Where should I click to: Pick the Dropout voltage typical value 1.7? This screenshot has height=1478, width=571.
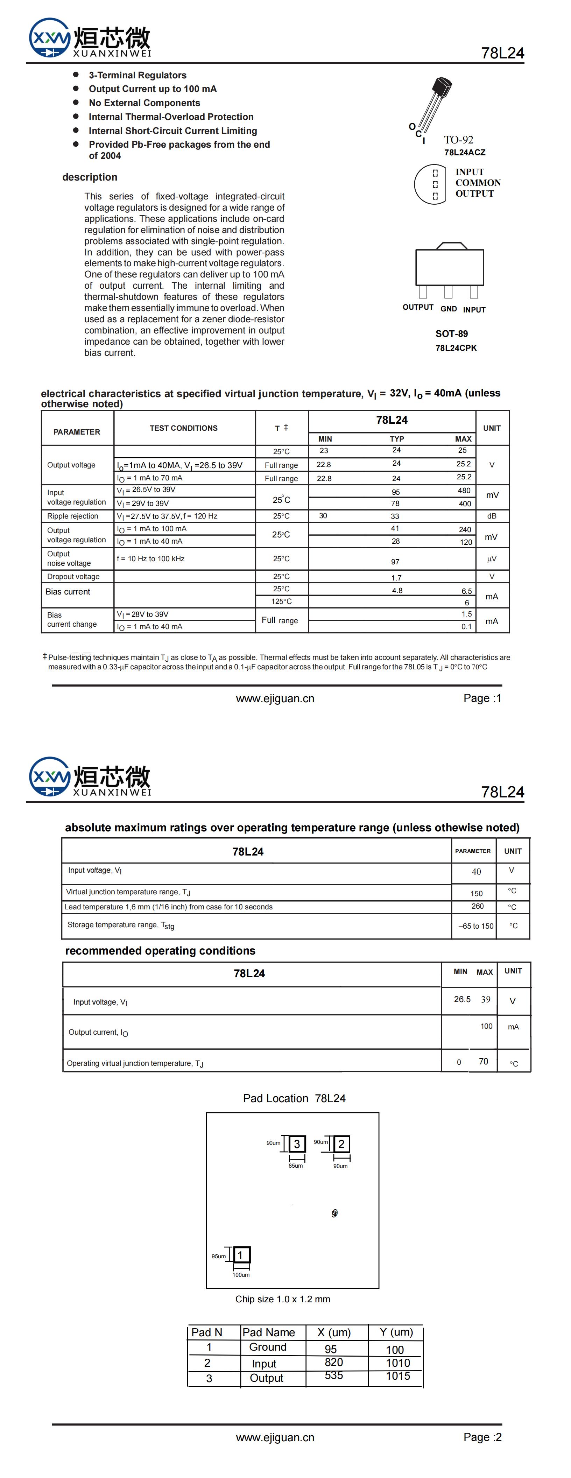coord(396,578)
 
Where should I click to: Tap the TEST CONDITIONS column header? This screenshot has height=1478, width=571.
coord(184,428)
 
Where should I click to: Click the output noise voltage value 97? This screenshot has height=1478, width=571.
coord(395,562)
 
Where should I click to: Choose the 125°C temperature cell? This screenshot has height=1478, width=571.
coord(281,601)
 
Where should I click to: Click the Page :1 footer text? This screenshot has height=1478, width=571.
coord(482,698)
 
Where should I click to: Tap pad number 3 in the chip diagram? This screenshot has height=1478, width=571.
coord(297,1144)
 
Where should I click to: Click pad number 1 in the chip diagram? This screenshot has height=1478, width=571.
coord(240,1255)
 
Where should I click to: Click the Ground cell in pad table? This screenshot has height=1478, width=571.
coord(267,1346)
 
